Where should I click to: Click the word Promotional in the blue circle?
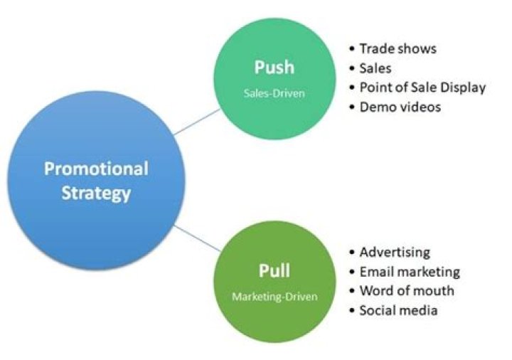coord(96,169)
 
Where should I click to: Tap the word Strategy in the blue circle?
coord(96,194)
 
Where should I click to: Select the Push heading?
coord(274,68)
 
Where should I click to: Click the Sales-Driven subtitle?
coord(274,93)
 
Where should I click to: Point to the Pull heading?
coord(274,270)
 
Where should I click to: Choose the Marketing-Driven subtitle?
coord(274,297)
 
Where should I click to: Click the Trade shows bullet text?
coord(398,48)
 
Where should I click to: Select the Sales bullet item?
coord(375,68)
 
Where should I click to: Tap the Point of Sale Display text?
coord(422,88)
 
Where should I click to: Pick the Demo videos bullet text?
coord(400,107)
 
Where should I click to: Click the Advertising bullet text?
coord(395,252)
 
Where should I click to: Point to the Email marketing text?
coord(410,272)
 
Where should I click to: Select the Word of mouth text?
coord(407,291)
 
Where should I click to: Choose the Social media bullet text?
coord(398,310)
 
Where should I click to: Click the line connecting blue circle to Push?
coord(197,122)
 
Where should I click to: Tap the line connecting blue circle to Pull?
coord(197,238)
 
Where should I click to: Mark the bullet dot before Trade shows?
coord(352,49)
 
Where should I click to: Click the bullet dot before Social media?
coord(352,310)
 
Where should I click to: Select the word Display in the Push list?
coord(463,88)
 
